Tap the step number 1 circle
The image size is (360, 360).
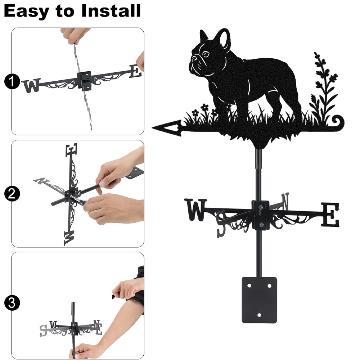[12, 81]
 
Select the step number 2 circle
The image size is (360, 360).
[12, 194]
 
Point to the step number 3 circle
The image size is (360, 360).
[12, 303]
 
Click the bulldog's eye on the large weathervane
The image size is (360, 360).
[206, 54]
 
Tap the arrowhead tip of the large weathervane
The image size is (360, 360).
[152, 127]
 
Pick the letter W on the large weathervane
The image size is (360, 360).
[195, 210]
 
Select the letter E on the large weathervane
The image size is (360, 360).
[330, 215]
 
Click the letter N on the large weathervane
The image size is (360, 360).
[285, 201]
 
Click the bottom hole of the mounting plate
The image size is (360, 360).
[259, 315]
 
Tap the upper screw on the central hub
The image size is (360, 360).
[260, 208]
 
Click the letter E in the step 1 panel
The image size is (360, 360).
[135, 71]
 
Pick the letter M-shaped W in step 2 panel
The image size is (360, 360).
[69, 238]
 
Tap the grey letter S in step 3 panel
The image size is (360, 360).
[43, 330]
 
